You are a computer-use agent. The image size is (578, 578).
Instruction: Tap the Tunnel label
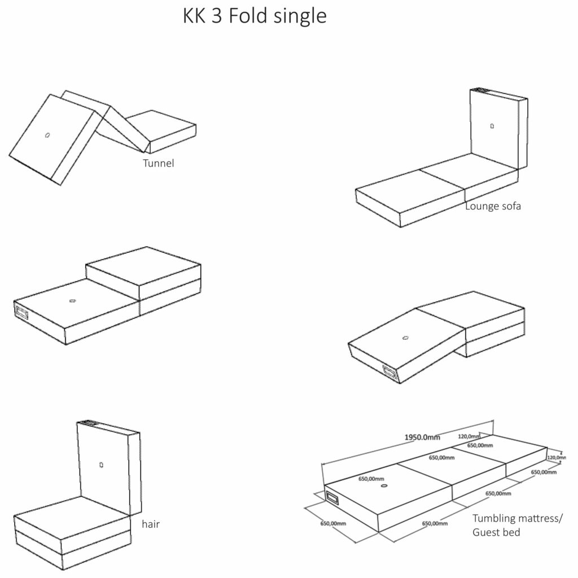159,164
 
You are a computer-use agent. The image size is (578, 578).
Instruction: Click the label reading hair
151,524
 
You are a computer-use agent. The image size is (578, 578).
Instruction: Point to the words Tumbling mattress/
517,518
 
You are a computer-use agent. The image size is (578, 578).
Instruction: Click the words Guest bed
496,532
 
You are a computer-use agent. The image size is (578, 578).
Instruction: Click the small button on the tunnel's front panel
48,135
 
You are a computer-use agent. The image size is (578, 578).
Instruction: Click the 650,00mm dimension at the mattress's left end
332,524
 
